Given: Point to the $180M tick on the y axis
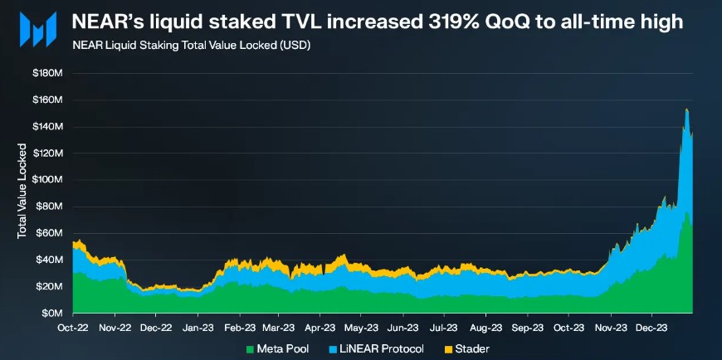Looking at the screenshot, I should (x=47, y=74).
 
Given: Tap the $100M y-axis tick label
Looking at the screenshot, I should (x=47, y=180).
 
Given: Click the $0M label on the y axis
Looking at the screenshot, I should (x=51, y=314).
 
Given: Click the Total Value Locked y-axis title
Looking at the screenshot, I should (x=22, y=192).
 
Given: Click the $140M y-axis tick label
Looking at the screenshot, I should (x=47, y=127).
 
